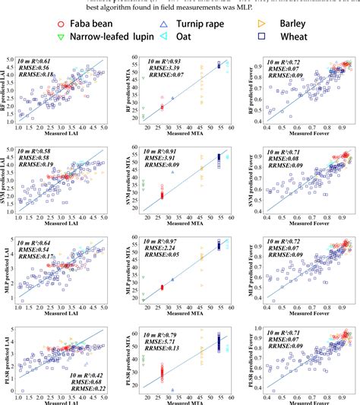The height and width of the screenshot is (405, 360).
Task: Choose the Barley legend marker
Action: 262,25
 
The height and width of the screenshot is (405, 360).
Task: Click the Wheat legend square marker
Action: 262,36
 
